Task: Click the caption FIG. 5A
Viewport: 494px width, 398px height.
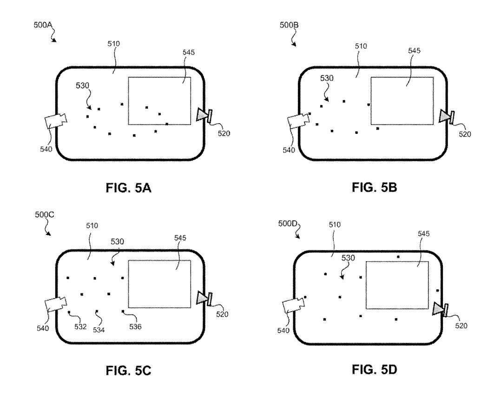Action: (129, 188)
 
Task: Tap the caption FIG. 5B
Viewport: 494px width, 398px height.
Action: (374, 187)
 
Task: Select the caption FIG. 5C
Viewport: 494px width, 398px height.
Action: (129, 371)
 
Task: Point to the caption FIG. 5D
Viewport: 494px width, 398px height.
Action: (374, 369)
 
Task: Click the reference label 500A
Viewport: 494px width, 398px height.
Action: (43, 25)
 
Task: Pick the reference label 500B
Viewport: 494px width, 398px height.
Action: (289, 25)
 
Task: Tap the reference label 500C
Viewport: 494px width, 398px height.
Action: (45, 215)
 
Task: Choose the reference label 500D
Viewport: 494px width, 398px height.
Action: (288, 224)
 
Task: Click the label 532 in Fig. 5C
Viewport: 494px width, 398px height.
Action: (80, 327)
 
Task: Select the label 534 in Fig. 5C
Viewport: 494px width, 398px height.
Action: (99, 330)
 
